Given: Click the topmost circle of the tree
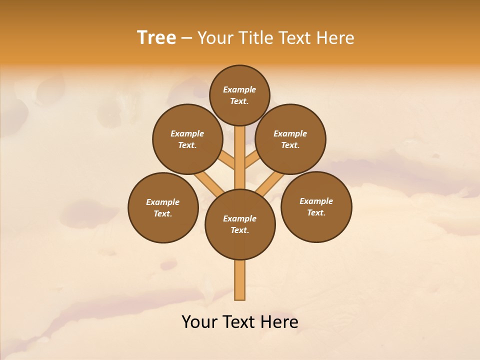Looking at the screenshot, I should pyautogui.click(x=239, y=95).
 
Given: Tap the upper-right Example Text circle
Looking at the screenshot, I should pyautogui.click(x=290, y=139).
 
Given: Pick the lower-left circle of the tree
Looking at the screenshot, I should pyautogui.click(x=163, y=207).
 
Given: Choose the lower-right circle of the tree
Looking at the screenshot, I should pyautogui.click(x=316, y=206).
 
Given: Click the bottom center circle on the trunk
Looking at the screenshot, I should pyautogui.click(x=240, y=224).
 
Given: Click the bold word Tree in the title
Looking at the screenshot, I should pyautogui.click(x=156, y=37).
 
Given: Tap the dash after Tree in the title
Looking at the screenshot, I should pyautogui.click(x=186, y=38).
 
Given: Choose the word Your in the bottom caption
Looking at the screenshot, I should pyautogui.click(x=199, y=321).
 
